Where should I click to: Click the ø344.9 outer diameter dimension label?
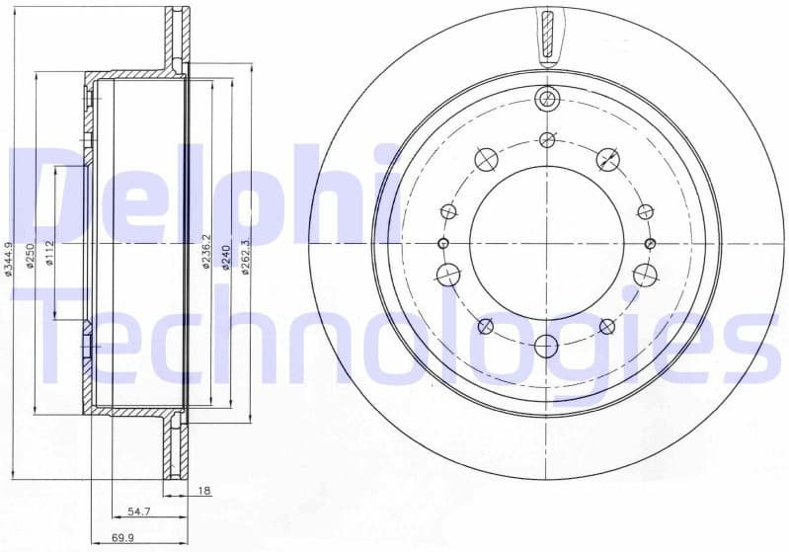8,258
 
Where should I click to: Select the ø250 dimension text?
31,256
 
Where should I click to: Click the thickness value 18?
203,491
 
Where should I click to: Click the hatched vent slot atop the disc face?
546,35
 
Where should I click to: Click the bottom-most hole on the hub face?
546,346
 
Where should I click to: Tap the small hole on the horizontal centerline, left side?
442,244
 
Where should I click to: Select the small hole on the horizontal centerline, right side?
649,244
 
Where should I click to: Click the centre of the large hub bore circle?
546,244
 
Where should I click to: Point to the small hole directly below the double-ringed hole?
546,140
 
